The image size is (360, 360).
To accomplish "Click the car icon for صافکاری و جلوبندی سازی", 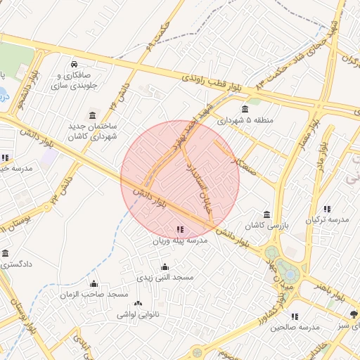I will click(x=74, y=64).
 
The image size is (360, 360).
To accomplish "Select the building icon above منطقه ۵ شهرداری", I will click(x=244, y=109).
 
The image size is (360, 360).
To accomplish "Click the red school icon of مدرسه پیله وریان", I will click(x=181, y=229).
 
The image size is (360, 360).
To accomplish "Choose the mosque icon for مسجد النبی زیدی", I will click(x=165, y=266).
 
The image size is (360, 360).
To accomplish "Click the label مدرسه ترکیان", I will click(x=327, y=220).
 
